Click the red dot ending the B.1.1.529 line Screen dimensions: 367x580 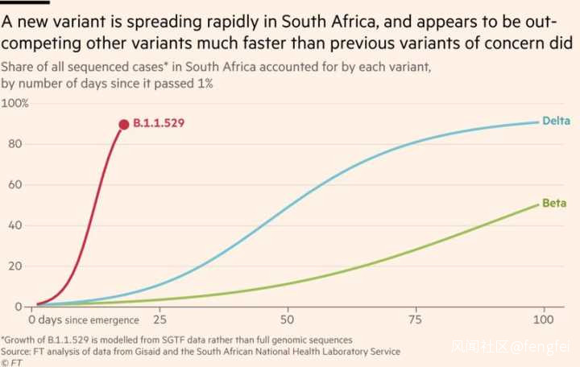pos(123,125)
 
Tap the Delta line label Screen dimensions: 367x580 pos(556,122)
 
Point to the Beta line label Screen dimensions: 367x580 pos(553,204)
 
